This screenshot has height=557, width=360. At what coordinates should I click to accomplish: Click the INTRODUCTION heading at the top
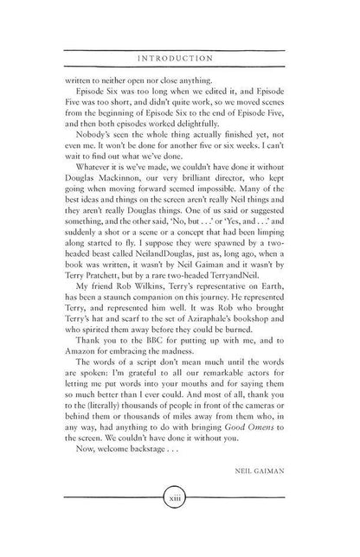pyautogui.click(x=180, y=58)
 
